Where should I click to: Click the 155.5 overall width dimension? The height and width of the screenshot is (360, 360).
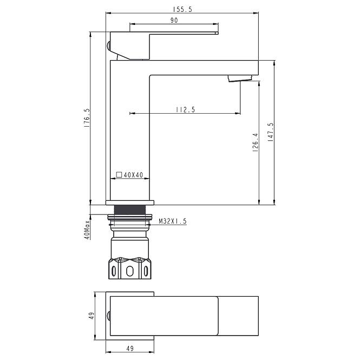pos(182,9)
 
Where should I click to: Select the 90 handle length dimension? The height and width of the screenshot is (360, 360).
pos(174,20)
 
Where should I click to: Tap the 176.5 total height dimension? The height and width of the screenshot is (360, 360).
pos(87,118)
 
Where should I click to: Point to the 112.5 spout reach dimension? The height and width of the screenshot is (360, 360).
pos(186,109)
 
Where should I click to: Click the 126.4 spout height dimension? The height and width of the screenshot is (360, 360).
pos(256,142)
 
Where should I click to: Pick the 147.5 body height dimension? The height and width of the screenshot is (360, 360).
pos(271,132)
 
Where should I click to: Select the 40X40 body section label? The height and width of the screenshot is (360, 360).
pos(133,175)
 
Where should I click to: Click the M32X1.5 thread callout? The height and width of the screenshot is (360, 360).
pos(173,221)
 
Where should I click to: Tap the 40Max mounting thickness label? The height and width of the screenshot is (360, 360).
pos(87,230)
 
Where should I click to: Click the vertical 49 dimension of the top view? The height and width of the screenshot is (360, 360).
pos(91,316)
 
